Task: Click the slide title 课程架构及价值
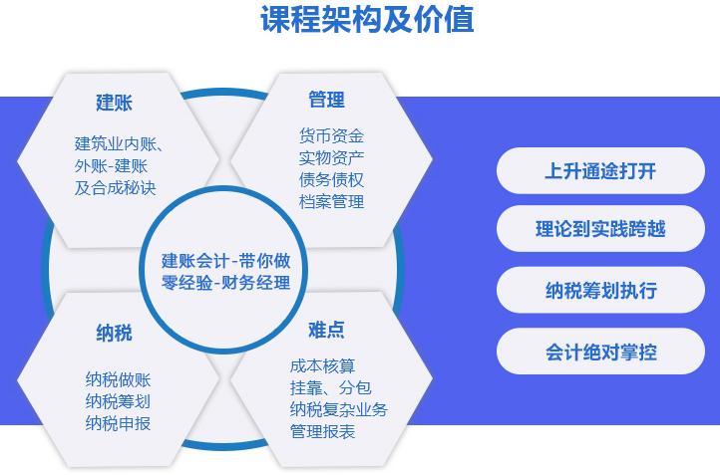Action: point(367,20)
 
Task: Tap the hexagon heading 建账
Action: point(114,103)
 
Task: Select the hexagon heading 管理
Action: point(326,100)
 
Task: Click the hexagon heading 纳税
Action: point(114,333)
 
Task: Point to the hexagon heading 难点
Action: point(326,330)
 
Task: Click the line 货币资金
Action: point(331,135)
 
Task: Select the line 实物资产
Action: point(331,157)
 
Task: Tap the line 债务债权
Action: point(331,179)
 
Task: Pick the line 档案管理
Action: point(331,201)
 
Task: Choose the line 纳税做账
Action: point(118,379)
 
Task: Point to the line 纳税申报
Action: point(118,423)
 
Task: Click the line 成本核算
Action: point(322,365)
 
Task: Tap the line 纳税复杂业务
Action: point(338,409)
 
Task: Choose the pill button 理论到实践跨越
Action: point(600,230)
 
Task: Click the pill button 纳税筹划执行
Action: point(600,291)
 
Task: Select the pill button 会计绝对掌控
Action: point(600,352)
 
